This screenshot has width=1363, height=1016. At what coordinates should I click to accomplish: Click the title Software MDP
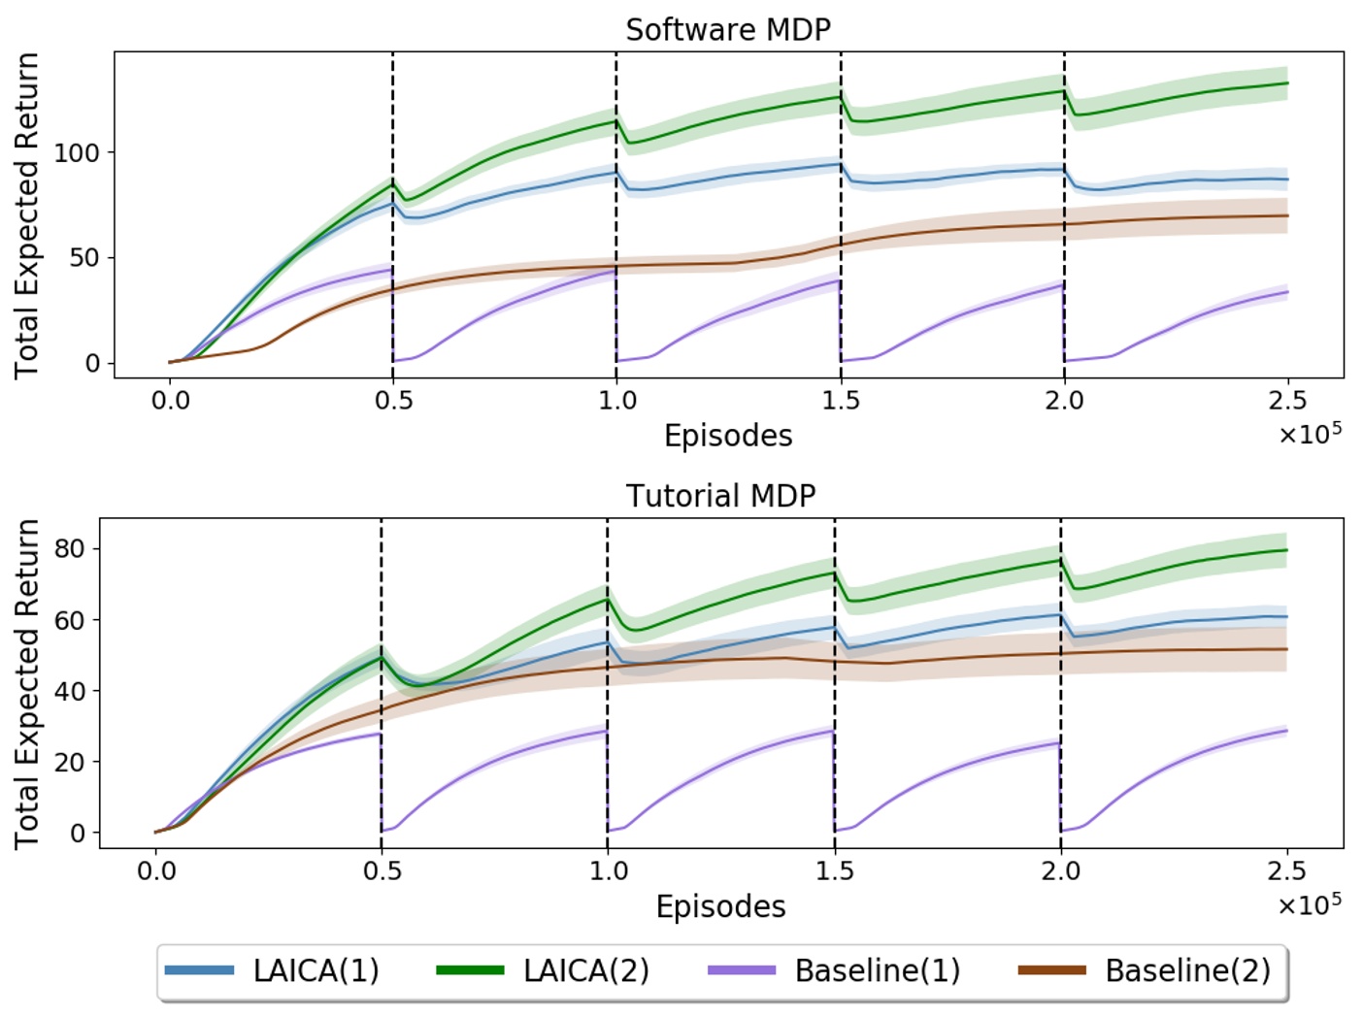[728, 30]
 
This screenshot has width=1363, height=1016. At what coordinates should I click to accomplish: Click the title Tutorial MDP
[720, 496]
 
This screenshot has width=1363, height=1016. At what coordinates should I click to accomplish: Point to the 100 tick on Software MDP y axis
[76, 152]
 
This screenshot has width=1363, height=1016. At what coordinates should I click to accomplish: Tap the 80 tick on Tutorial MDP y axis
[70, 548]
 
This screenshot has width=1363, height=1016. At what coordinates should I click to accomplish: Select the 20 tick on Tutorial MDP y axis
[70, 762]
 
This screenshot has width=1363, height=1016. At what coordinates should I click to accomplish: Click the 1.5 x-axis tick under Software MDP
[841, 400]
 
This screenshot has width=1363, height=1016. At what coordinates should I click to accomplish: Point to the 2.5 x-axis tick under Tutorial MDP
[1286, 870]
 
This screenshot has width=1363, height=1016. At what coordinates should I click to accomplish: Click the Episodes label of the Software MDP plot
[728, 436]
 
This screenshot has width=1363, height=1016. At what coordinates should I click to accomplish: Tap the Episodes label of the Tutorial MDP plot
[720, 906]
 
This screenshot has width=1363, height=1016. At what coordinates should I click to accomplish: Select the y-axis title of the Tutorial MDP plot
[27, 683]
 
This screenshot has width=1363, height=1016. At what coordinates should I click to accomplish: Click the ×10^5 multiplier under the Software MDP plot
[1310, 433]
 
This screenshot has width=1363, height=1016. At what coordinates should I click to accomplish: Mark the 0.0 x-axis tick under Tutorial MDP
[155, 870]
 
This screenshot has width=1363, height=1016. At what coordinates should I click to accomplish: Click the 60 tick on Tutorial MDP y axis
[70, 620]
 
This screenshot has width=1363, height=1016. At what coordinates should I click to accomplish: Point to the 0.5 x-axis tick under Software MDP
[393, 400]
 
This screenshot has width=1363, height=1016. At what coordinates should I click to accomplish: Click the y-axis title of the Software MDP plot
[27, 215]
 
